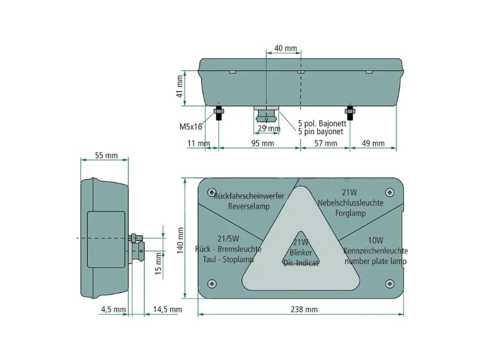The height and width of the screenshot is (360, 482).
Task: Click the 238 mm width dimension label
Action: tap(304, 309)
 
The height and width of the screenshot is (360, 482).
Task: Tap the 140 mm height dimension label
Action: tap(180, 241)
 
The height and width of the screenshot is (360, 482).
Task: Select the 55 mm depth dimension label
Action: tap(106, 156)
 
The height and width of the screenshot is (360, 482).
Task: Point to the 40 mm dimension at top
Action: tap(286, 48)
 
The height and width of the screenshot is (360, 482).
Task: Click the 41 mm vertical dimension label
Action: tap(180, 87)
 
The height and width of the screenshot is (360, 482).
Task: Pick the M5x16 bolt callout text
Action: tap(191, 127)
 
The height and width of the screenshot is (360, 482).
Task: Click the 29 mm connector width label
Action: tap(269, 128)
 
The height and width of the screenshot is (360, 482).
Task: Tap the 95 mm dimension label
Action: tap(263, 143)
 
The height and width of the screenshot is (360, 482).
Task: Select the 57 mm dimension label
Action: tap(326, 143)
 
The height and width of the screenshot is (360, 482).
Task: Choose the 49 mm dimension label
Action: tap(373, 143)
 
